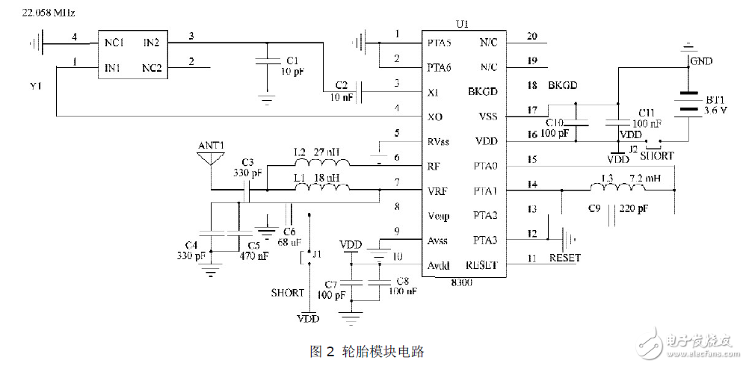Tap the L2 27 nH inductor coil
330,164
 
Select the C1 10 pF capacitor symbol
265,64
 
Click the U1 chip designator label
461,24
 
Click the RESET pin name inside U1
482,265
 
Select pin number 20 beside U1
531,35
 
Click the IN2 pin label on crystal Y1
155,43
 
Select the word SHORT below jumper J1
288,292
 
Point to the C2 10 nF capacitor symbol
360,92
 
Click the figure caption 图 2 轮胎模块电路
372,350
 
